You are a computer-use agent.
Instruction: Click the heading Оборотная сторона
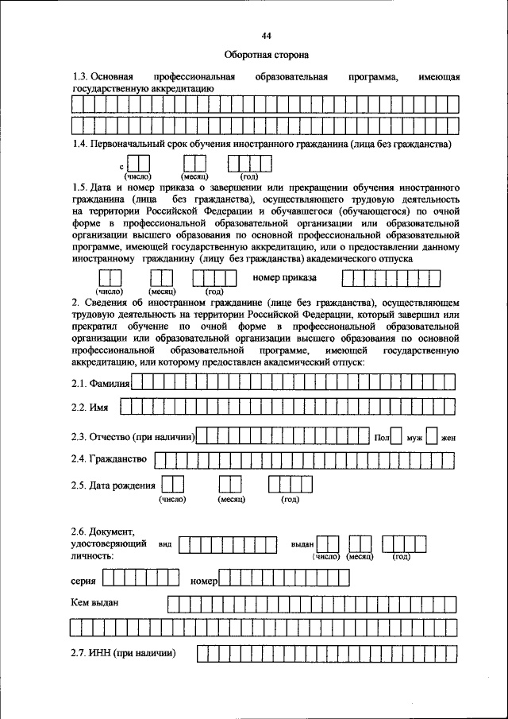pos(266,55)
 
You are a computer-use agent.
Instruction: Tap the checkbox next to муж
pos(397,436)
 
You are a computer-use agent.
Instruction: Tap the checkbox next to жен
pos(432,436)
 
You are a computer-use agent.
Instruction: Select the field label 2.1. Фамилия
pos(100,384)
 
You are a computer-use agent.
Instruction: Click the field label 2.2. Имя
pos(89,408)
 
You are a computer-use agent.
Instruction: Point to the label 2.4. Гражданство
pos(109,459)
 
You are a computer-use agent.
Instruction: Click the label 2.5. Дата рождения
pos(114,485)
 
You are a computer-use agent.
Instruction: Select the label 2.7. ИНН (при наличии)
pos(122,654)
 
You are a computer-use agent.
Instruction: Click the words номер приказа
pos(284,278)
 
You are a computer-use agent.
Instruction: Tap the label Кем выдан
pos(94,603)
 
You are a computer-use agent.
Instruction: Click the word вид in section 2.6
pos(165,546)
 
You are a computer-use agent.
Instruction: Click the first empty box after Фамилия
pos(137,383)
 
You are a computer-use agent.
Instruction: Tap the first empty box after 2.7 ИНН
pos(202,654)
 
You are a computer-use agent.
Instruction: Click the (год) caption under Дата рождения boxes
pos(290,501)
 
